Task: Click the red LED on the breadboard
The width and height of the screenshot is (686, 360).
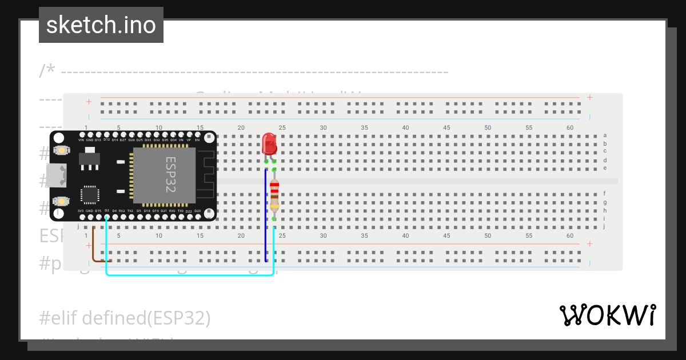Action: point(269,145)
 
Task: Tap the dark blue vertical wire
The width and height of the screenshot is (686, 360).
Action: point(265,217)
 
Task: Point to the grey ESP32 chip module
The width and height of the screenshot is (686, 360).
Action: point(164,175)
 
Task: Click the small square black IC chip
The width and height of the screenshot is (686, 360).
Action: point(90,194)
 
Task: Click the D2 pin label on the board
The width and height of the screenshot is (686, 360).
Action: point(106,211)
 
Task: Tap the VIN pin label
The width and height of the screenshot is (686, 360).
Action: point(81,140)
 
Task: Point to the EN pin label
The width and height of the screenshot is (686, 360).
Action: point(197,140)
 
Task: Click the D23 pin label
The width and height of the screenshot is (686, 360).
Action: point(197,211)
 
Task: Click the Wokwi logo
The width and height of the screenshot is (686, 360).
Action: point(607,315)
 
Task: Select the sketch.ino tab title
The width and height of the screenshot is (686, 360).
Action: point(101,25)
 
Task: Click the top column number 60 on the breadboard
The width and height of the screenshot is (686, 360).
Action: point(569,127)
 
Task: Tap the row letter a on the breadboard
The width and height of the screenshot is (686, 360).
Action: point(605,135)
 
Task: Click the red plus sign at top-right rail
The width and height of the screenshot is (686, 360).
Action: point(589,98)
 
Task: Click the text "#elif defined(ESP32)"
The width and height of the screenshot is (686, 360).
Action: point(125,318)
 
